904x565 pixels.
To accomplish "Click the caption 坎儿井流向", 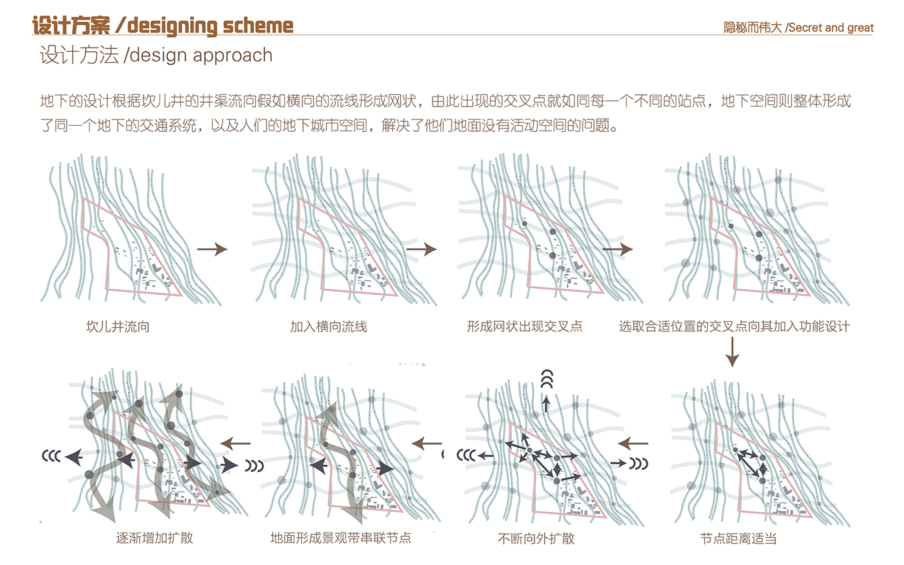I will click(118, 326).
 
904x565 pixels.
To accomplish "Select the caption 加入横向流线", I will click(328, 326).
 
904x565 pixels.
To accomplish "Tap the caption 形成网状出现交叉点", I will click(525, 326).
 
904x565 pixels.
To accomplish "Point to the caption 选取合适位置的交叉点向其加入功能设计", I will click(734, 326).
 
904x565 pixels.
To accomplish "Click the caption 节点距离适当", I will click(738, 538).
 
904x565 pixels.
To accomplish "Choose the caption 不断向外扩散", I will click(536, 538).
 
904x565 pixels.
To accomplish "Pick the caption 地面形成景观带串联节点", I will click(340, 538).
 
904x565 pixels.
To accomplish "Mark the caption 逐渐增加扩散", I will click(154, 538).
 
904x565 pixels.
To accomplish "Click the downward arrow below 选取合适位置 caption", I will click(732, 352).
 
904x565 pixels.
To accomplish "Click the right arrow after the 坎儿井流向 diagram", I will click(212, 249).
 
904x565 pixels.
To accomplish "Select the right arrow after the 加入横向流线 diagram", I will click(421, 249).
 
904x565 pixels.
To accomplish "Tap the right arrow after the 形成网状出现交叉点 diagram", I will click(618, 249).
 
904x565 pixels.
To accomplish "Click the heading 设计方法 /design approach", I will click(156, 55).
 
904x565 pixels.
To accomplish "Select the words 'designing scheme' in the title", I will click(210, 26).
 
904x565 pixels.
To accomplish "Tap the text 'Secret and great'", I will click(831, 28).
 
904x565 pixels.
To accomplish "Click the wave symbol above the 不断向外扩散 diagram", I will click(547, 379).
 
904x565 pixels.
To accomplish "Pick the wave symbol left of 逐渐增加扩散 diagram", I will click(51, 456).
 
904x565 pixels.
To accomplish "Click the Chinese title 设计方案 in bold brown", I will click(71, 26).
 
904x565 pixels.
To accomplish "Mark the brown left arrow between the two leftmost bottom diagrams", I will click(235, 443).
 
